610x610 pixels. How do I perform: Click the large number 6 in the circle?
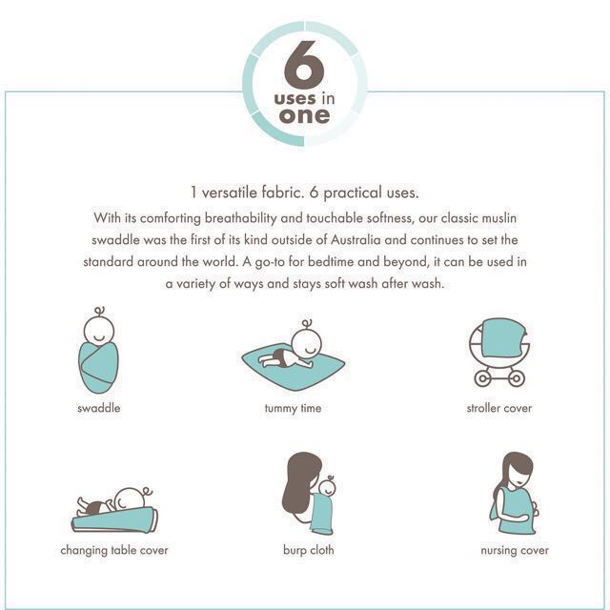[x=304, y=65]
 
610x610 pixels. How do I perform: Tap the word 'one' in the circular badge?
[x=304, y=115]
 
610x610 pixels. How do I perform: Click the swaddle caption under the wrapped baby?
[x=99, y=408]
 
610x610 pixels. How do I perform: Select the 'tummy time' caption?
[x=293, y=409]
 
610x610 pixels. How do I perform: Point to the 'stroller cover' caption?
[x=499, y=408]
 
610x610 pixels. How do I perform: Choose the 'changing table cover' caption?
[x=114, y=551]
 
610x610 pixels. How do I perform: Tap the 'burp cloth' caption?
[x=309, y=550]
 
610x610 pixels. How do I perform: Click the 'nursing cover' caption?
[x=515, y=551]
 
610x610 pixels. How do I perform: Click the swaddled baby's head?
[x=99, y=329]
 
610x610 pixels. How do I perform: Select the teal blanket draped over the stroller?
[x=504, y=337]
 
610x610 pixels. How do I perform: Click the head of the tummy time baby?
[x=307, y=342]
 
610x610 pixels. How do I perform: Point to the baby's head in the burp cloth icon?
[x=328, y=487]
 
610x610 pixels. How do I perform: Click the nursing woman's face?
[x=521, y=477]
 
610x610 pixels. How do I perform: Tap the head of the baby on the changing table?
[x=130, y=499]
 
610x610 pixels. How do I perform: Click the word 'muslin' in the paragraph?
[x=499, y=218]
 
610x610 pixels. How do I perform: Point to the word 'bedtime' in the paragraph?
[x=331, y=261]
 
